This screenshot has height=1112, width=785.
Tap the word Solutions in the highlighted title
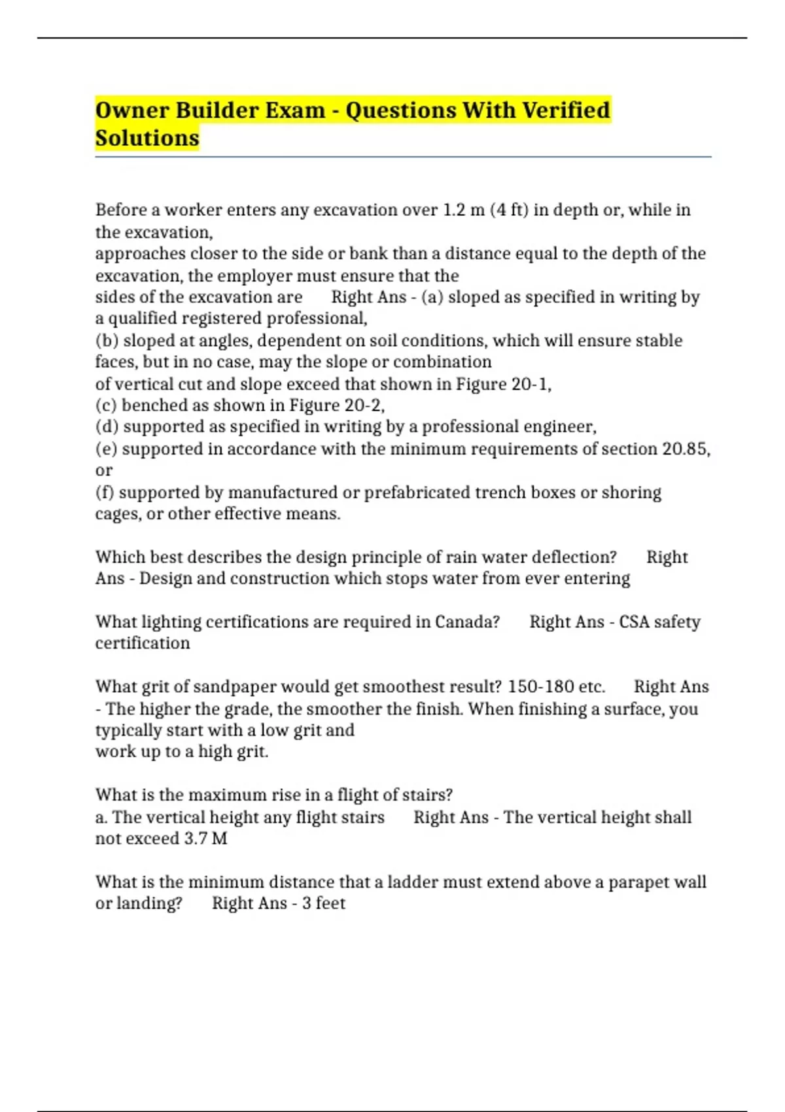pos(147,139)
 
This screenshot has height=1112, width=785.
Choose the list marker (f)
pos(105,493)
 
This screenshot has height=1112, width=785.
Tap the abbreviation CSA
pos(633,622)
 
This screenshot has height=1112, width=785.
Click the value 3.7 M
pos(205,839)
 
